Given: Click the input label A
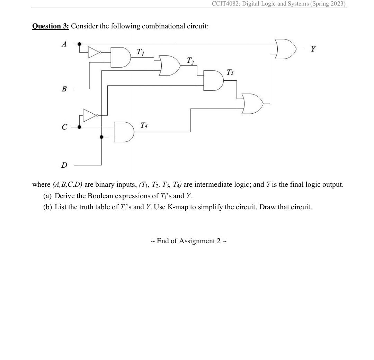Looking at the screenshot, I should [64, 44].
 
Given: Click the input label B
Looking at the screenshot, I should [64, 89].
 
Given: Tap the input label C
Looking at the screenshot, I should [64, 127].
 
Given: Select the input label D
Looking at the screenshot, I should [64, 165].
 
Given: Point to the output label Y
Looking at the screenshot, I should [313, 49].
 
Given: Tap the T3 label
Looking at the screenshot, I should [230, 72].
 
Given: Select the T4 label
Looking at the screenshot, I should [144, 125].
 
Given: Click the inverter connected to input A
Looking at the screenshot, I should [94, 52].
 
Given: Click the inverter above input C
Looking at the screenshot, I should [90, 115].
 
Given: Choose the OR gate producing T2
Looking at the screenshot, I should [170, 65].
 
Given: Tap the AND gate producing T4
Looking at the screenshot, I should [124, 132].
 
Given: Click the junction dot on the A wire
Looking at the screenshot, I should [79, 44].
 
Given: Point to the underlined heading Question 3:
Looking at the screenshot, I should [51, 26].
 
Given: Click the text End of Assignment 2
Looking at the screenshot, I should [189, 241].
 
